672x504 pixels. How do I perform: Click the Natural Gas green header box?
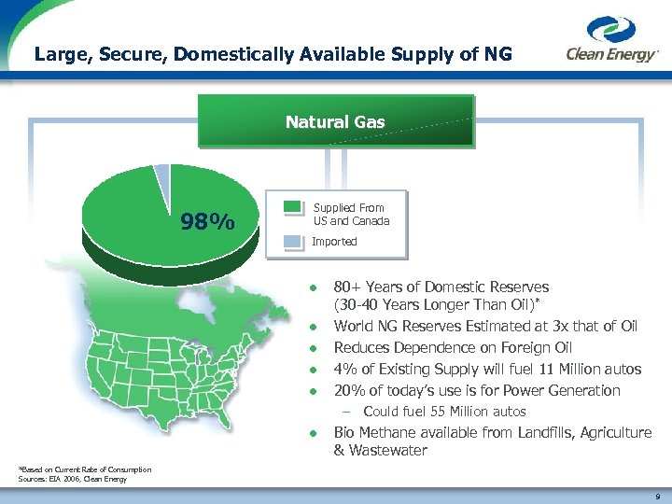click(335, 121)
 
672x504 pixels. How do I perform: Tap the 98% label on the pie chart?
click(208, 222)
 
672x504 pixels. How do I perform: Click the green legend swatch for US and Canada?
click(293, 207)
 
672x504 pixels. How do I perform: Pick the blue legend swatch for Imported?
click(293, 241)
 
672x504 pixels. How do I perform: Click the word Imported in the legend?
click(334, 242)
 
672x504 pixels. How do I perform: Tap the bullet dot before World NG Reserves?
click(315, 328)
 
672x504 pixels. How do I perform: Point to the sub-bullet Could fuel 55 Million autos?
click(444, 412)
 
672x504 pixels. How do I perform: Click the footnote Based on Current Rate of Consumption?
click(85, 469)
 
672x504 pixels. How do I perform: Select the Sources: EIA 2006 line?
click(71, 479)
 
